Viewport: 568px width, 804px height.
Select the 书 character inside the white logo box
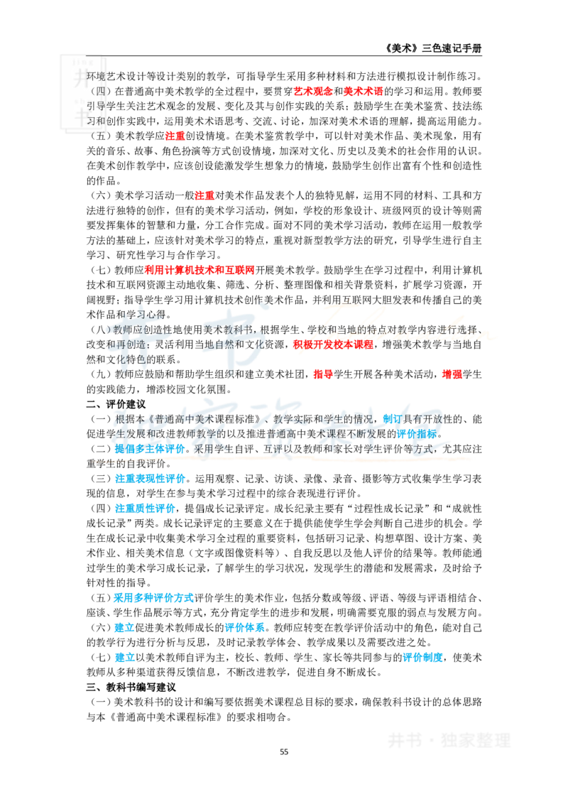click(x=82, y=117)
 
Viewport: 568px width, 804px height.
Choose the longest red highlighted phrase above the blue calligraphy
click(x=199, y=270)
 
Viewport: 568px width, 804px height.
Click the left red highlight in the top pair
click(x=313, y=91)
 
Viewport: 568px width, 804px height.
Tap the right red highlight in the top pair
click(x=363, y=91)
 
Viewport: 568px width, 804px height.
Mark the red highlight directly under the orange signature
click(x=332, y=346)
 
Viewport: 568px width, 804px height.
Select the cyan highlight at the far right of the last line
click(x=422, y=658)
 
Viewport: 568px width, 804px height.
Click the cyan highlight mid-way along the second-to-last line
click(x=245, y=628)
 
